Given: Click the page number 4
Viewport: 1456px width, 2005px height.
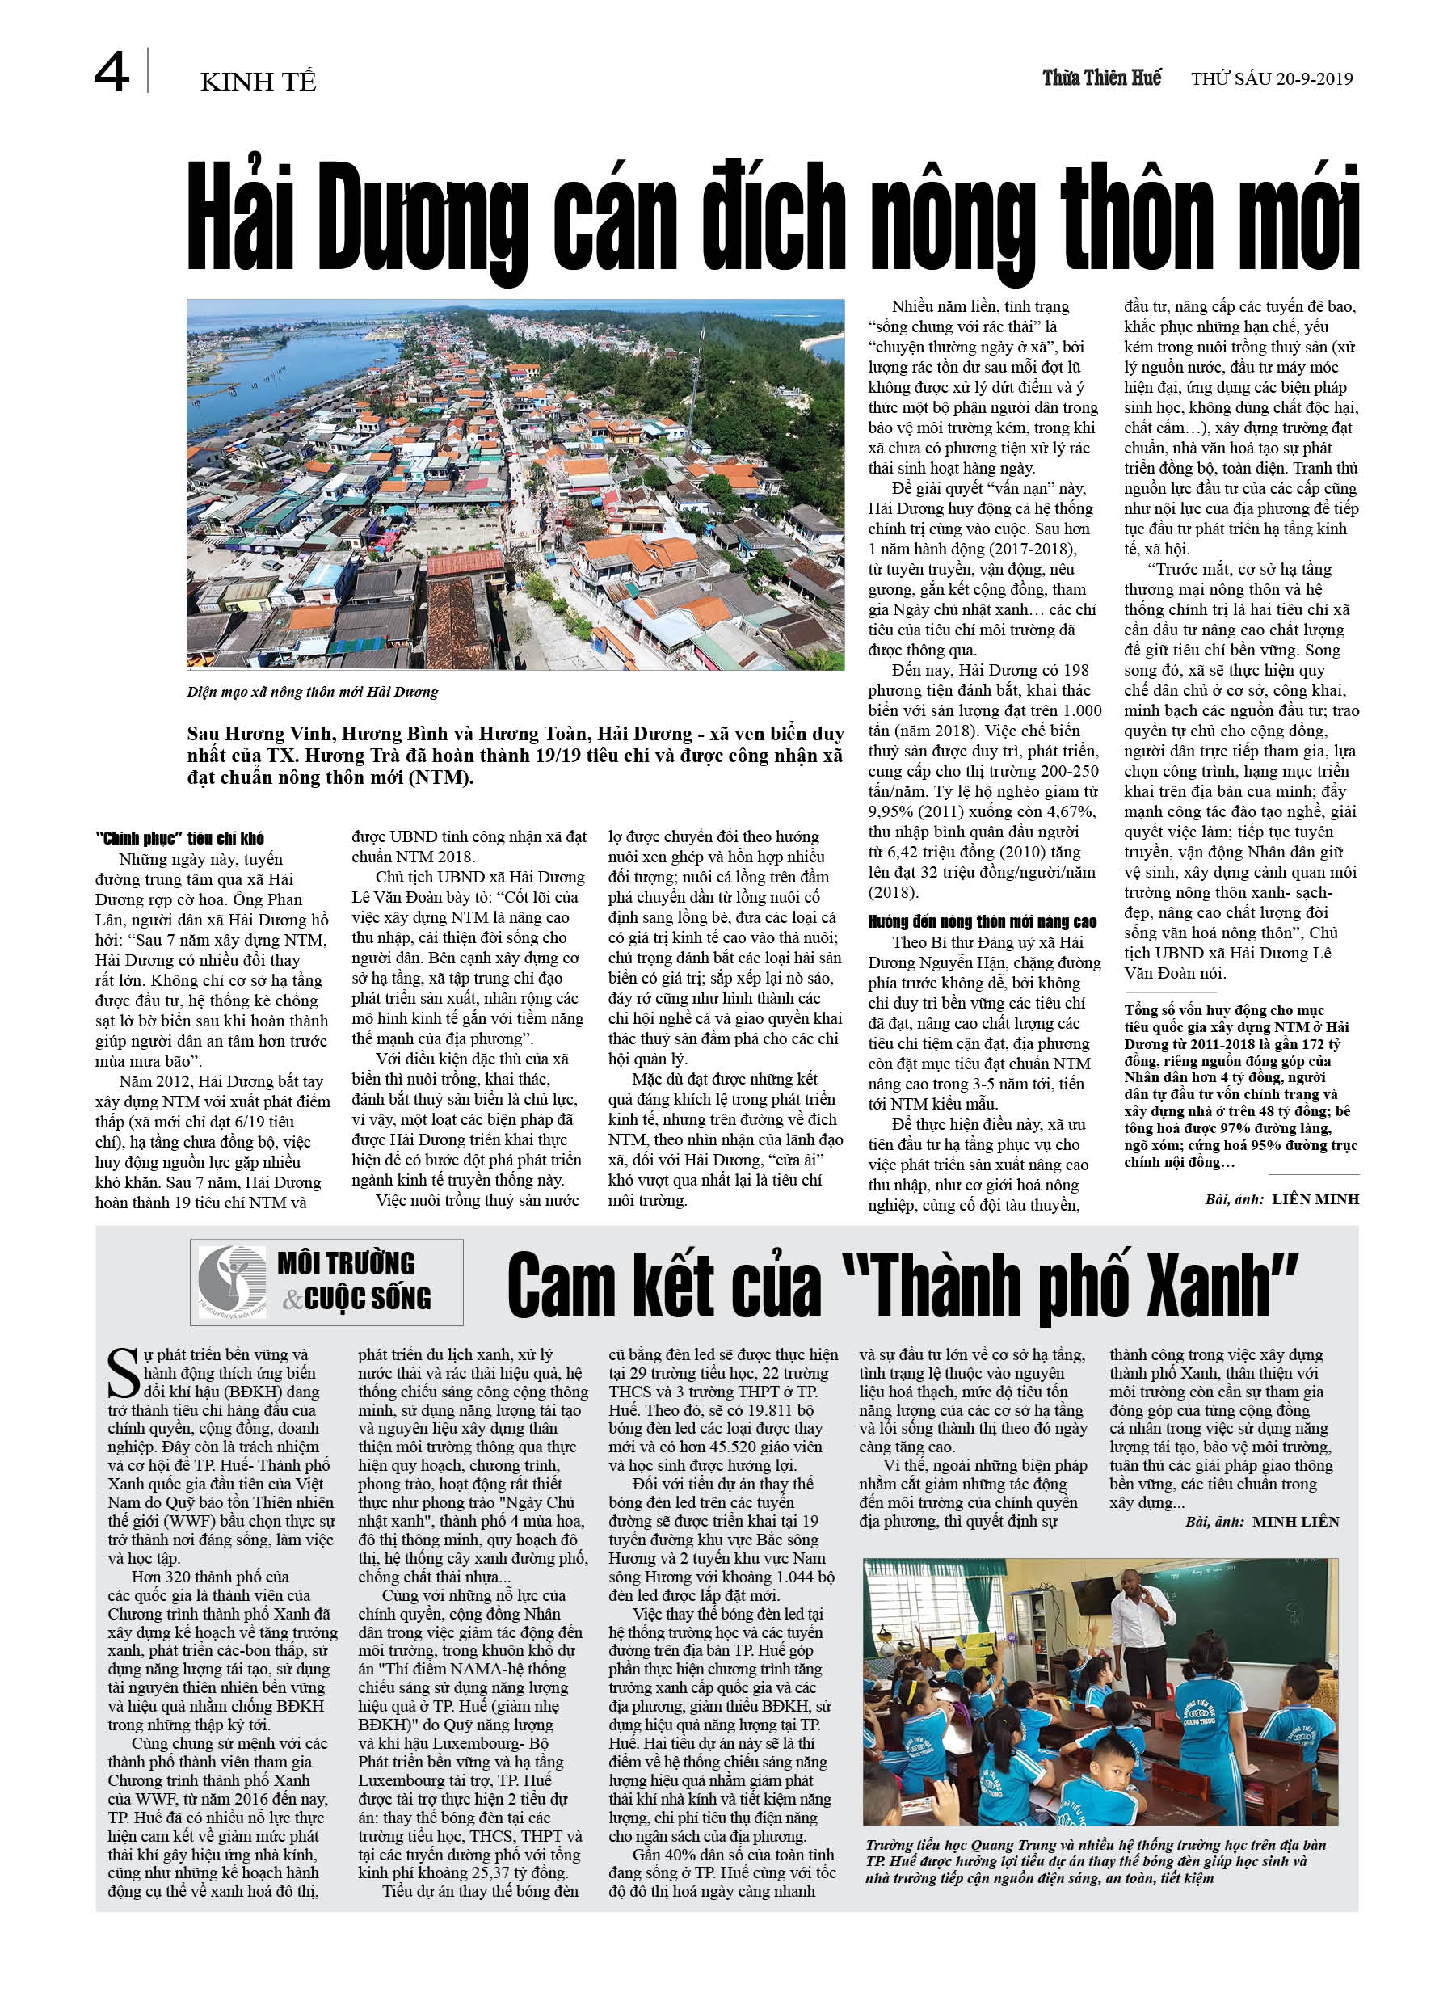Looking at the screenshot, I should (x=112, y=73).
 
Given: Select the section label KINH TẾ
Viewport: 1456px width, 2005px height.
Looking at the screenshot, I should (x=258, y=82).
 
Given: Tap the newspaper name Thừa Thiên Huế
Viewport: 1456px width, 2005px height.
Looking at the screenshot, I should (x=1101, y=78).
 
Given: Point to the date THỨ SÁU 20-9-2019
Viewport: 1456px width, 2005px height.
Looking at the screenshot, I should (x=1271, y=79).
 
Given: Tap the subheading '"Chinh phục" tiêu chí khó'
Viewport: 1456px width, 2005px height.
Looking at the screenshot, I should (x=179, y=838).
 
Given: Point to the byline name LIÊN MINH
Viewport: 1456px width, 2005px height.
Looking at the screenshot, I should (x=1315, y=1199).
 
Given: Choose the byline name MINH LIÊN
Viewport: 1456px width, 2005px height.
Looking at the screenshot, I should (x=1296, y=1522).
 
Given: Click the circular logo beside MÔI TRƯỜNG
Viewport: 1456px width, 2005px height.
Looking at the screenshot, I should (x=232, y=1283).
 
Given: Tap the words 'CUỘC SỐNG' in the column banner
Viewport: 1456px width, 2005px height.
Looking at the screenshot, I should (x=368, y=1299).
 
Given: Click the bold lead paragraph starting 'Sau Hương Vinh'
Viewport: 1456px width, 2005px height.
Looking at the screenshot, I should (x=515, y=755).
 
